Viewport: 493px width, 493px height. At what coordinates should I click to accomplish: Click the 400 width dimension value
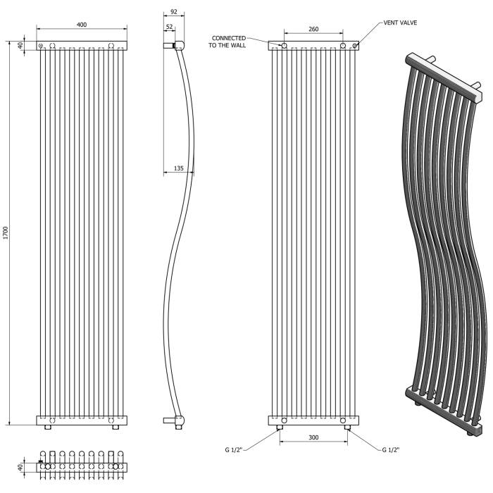(82, 25)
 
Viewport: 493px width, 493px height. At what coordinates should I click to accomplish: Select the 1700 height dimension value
(5, 233)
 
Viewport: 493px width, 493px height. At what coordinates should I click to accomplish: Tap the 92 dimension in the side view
(173, 12)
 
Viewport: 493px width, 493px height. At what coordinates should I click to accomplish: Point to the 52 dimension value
(169, 27)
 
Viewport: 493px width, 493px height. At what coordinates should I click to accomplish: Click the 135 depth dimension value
(178, 168)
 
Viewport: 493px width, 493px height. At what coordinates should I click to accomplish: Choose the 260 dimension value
(313, 29)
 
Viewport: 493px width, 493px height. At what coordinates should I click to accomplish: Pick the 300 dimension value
(313, 437)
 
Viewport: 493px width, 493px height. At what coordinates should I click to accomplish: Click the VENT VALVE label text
(400, 23)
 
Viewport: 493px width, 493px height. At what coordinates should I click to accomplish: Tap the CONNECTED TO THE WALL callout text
(227, 42)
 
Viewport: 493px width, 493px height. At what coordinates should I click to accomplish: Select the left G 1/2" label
(233, 449)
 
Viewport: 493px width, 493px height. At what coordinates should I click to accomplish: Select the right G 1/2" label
(390, 449)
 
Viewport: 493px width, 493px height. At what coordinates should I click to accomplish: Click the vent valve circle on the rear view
(354, 46)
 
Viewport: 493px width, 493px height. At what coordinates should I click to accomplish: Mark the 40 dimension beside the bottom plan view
(21, 467)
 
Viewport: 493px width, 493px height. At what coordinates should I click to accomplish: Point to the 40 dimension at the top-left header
(21, 46)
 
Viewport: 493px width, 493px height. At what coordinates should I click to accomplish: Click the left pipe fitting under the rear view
(279, 428)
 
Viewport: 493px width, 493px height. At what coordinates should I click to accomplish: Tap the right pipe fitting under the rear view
(347, 428)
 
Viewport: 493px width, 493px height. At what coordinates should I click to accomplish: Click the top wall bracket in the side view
(169, 46)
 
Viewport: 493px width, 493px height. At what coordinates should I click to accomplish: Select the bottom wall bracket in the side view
(169, 420)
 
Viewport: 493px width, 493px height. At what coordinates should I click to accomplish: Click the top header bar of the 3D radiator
(444, 77)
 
